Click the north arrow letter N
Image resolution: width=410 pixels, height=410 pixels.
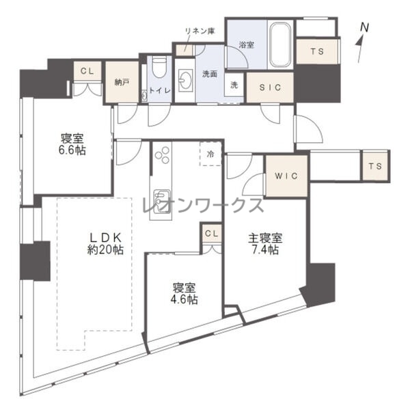point(364,27)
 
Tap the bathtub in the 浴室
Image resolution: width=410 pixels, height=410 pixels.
point(280,45)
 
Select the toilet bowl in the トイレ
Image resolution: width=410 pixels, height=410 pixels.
point(159,68)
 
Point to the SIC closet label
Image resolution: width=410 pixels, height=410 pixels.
point(270,87)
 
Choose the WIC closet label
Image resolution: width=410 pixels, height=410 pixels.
point(286,176)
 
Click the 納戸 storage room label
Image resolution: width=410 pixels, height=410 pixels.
point(122,83)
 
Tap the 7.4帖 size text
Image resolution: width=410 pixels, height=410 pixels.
point(265,250)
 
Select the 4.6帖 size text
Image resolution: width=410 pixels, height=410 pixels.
point(184,300)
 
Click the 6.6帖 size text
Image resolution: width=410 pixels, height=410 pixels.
point(72,150)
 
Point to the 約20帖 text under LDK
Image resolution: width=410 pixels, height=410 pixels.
point(105,250)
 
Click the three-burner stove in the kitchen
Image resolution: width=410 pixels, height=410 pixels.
point(163,155)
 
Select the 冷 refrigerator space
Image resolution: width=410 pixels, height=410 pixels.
point(210,154)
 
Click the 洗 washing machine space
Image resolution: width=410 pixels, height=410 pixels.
point(234,85)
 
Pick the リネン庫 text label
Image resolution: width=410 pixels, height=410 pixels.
point(200,31)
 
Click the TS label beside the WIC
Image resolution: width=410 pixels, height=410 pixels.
point(375,166)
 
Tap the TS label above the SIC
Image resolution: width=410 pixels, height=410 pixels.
point(317,51)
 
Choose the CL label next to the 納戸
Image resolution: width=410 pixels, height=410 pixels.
point(87,71)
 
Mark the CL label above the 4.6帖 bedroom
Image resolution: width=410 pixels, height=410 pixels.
point(212,233)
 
